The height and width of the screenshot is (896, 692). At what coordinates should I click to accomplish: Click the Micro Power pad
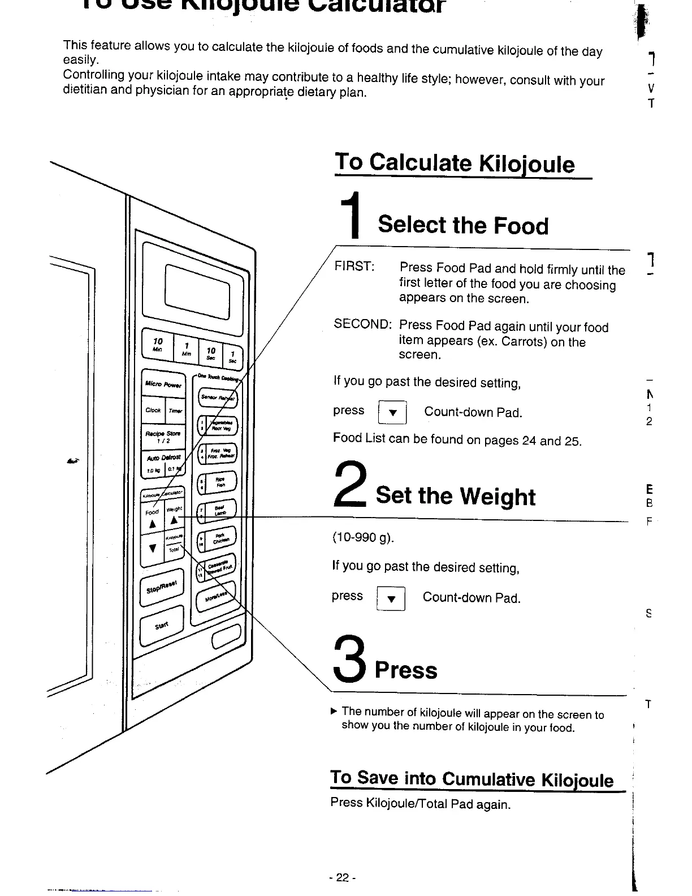point(163,385)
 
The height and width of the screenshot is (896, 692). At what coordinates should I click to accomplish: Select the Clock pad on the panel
point(153,410)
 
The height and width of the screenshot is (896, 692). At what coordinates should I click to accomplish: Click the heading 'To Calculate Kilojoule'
point(455,163)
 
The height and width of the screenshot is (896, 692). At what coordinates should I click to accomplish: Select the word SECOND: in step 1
point(362,324)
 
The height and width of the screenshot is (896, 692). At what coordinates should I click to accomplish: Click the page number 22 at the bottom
point(341,877)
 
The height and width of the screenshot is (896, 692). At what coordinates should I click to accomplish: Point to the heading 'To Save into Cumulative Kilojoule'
point(472,779)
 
